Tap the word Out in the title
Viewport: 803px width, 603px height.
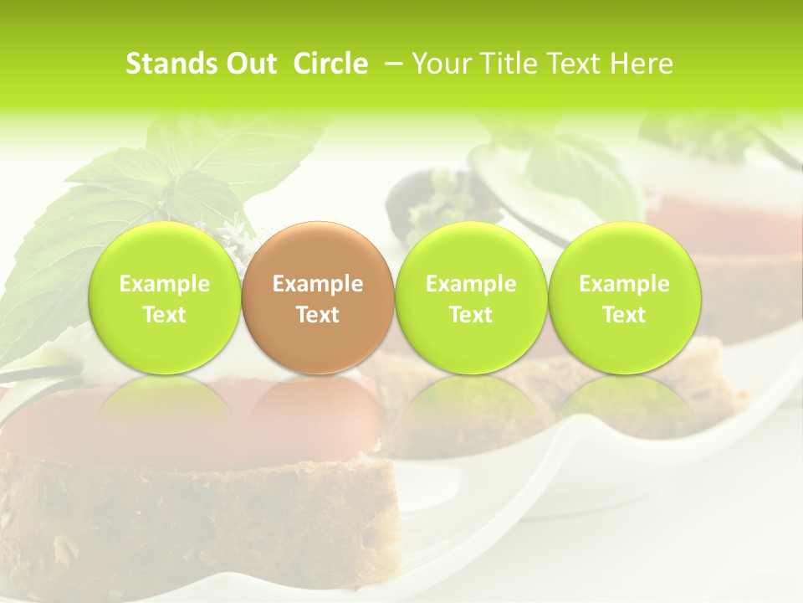tap(250, 64)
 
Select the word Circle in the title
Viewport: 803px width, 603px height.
tap(330, 64)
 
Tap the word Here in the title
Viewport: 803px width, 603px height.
tap(642, 64)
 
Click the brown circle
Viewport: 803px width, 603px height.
tap(317, 296)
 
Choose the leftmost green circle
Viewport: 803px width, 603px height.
tap(164, 296)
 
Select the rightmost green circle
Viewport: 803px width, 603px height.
tap(624, 296)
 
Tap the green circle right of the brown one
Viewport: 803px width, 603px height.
tap(471, 296)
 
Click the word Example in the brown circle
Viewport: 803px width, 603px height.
tap(317, 284)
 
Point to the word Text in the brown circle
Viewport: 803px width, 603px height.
tap(317, 315)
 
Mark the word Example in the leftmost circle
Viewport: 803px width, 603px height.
tap(164, 284)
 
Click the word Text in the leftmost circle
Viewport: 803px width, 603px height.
tap(164, 315)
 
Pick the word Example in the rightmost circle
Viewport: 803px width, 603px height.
tap(624, 284)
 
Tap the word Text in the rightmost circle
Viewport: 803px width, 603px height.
tap(624, 315)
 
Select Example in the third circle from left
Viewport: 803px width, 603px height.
tap(471, 284)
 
